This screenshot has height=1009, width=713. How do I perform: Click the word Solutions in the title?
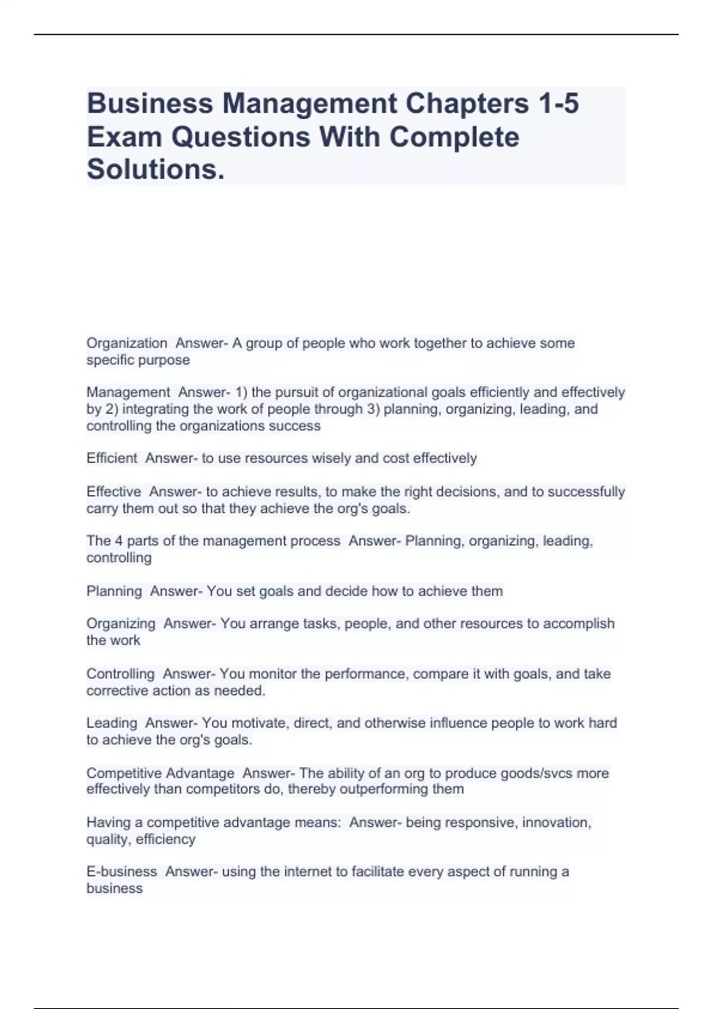pos(156,169)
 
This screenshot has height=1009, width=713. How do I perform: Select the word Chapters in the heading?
pos(468,103)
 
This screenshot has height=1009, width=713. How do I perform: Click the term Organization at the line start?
pos(127,343)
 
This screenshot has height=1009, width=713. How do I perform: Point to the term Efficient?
pos(112,458)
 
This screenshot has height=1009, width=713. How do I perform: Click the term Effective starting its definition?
pos(113,491)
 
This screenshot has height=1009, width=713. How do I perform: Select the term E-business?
pos(122,871)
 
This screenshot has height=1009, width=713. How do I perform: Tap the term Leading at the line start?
pos(112,723)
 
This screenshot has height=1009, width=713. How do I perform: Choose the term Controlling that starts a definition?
pos(121,674)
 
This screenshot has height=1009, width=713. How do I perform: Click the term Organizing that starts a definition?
pos(121,623)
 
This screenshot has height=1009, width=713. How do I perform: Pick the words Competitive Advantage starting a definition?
pos(160,773)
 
